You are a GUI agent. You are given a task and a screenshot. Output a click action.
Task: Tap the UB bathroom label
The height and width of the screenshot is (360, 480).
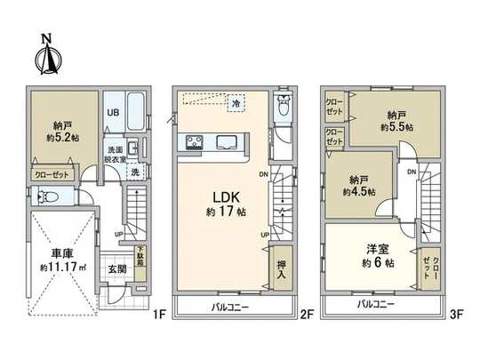(x=113, y=114)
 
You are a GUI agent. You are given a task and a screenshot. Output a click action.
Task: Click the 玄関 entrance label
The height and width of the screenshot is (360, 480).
(x=116, y=268)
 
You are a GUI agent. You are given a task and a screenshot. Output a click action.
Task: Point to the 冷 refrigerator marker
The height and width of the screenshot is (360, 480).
(x=236, y=104)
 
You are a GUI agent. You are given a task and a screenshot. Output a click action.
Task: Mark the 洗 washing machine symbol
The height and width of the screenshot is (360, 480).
(x=133, y=173)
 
